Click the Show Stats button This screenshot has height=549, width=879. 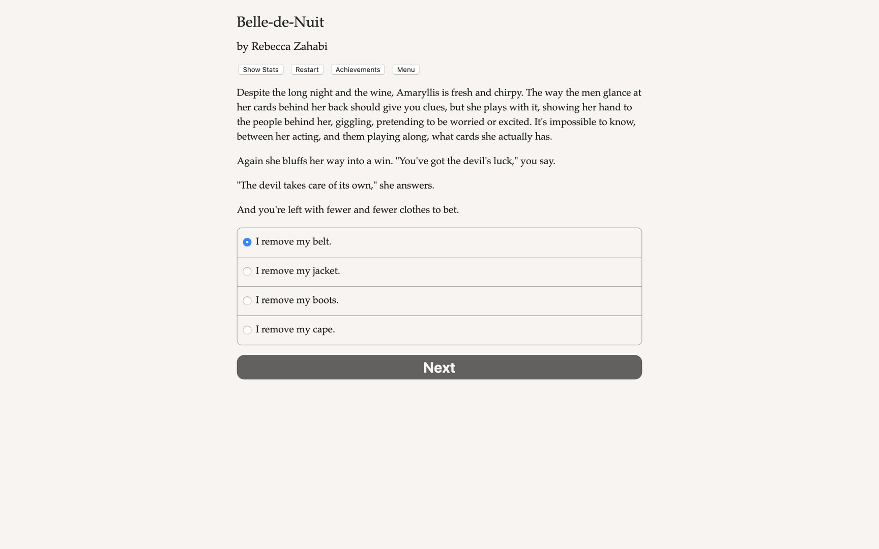(260, 70)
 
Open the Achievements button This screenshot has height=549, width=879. (358, 70)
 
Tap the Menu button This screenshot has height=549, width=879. (406, 70)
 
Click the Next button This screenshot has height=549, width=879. (439, 367)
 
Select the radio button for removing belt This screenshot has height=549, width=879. (247, 242)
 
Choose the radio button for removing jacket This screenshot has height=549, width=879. (247, 271)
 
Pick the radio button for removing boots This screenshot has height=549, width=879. (247, 300)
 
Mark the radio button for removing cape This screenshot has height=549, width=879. (247, 330)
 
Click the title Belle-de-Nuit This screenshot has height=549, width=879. (280, 22)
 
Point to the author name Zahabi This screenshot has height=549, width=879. (310, 47)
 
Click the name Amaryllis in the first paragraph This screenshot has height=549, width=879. (418, 93)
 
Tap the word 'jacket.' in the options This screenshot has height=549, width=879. (326, 271)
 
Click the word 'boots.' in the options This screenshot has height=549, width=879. (326, 300)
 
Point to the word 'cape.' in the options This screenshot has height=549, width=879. (324, 329)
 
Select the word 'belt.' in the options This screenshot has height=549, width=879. (321, 241)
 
